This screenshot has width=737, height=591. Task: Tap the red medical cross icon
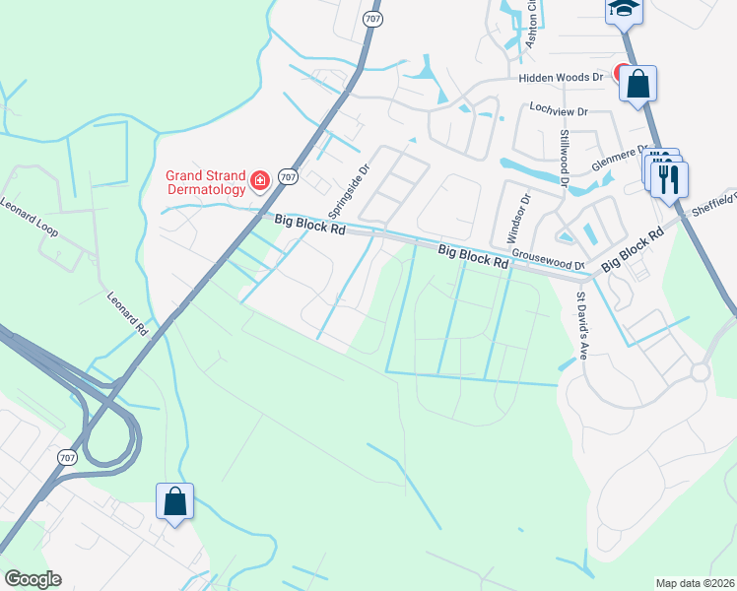(259, 180)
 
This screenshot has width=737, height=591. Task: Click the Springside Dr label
(348, 190)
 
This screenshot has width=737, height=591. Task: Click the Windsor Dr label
(518, 219)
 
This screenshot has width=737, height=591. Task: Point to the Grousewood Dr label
(549, 259)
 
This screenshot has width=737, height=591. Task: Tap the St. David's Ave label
(582, 325)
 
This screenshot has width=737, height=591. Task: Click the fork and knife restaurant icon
(670, 180)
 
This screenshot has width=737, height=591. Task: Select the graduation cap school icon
(623, 9)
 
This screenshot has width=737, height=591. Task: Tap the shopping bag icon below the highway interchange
(174, 501)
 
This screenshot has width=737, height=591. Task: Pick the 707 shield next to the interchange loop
(67, 458)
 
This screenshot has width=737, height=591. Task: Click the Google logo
(33, 579)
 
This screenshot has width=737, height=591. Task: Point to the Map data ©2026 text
(695, 583)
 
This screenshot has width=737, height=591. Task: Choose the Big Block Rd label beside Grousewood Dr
(473, 258)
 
